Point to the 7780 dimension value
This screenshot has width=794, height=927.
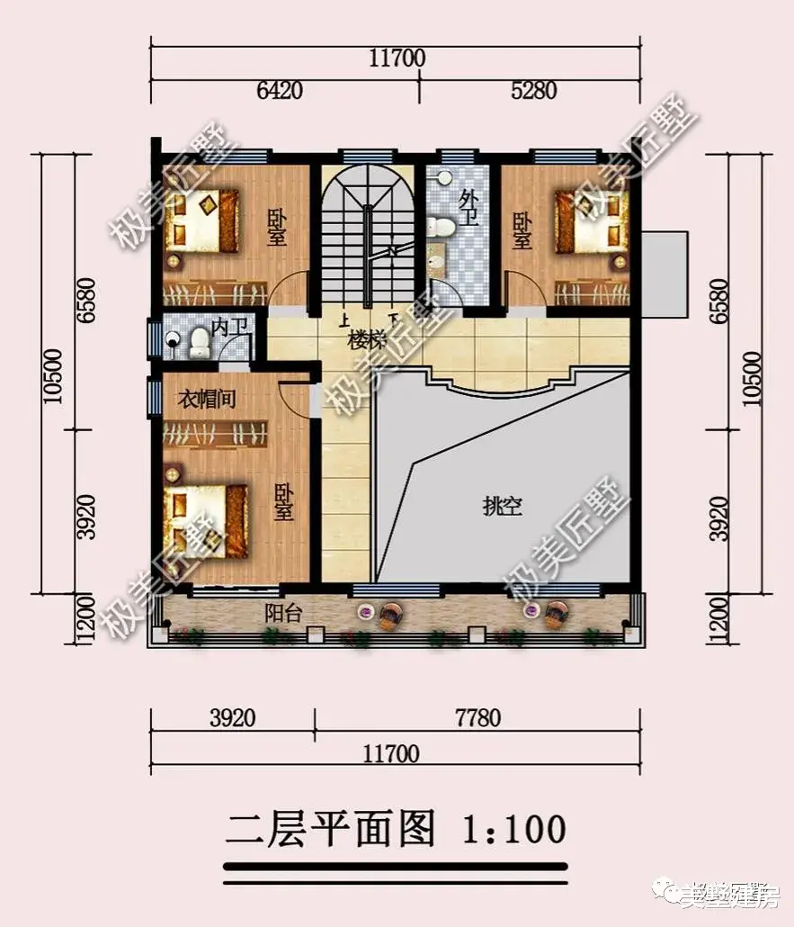point(477,718)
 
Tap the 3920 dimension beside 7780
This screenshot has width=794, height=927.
point(233,718)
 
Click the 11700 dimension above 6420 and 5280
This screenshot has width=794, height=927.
point(396,58)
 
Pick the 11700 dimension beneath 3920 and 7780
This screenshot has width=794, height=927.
point(396,752)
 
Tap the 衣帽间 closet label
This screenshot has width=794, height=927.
point(206,399)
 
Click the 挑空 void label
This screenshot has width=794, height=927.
point(502,507)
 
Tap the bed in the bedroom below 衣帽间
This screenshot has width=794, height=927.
point(207,520)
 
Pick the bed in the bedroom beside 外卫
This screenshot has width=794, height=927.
point(589,220)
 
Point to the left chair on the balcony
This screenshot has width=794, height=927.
point(390,616)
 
